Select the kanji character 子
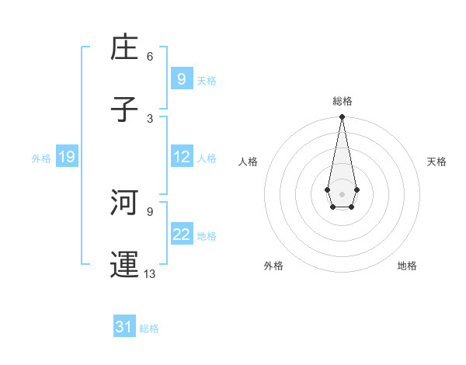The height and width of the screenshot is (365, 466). click(125, 108)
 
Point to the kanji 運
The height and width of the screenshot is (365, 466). click(125, 263)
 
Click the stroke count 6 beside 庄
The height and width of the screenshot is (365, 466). click(150, 57)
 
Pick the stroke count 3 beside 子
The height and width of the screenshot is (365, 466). click(150, 118)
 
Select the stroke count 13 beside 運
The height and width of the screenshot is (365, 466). click(150, 273)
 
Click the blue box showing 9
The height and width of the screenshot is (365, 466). click(181, 78)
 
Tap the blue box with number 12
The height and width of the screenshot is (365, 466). click(181, 157)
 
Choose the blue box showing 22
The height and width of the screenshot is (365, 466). click(181, 235)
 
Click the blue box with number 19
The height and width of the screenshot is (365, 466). click(66, 157)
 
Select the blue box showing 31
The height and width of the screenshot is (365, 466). click(124, 327)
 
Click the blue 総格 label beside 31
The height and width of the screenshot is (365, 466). click(149, 328)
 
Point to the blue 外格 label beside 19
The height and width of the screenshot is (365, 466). click(41, 158)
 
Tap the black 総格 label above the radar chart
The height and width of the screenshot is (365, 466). click(343, 101)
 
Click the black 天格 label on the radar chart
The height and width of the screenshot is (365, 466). click(436, 162)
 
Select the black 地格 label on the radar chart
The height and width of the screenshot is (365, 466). click(407, 266)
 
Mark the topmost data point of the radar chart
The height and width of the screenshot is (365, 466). click(342, 116)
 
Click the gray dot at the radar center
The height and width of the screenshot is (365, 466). click(342, 193)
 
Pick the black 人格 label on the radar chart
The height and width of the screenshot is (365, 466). click(248, 162)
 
